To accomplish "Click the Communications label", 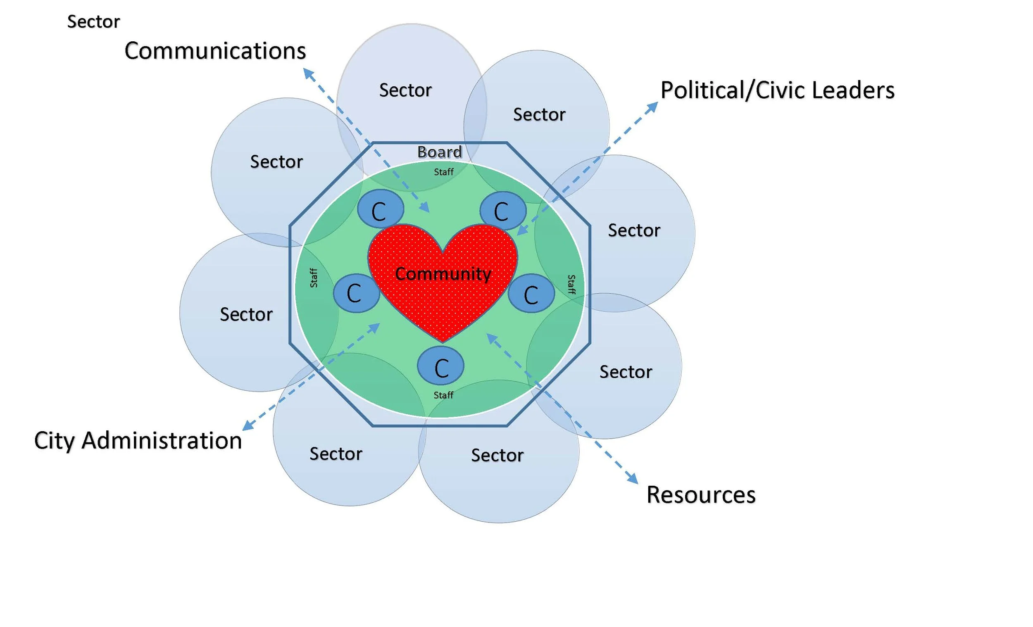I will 215,51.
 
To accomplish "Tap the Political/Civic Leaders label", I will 777,90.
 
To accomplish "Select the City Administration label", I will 138,440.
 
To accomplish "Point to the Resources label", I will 701,494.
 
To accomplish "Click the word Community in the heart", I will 443,274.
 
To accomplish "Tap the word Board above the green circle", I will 439,152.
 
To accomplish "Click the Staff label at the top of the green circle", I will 443,172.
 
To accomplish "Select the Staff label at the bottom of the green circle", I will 443,395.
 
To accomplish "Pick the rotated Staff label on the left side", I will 314,278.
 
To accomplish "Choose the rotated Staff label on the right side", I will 571,285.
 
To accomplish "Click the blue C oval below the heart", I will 440,366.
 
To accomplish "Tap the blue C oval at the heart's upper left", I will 380,209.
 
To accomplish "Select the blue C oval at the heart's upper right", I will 503,210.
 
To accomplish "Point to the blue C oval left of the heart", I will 356,293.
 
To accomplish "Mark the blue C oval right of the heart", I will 531,293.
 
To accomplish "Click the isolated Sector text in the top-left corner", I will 93,22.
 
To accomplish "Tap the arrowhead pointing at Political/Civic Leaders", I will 652,107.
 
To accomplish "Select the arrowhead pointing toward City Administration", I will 248,425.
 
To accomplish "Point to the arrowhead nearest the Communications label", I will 309,74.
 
